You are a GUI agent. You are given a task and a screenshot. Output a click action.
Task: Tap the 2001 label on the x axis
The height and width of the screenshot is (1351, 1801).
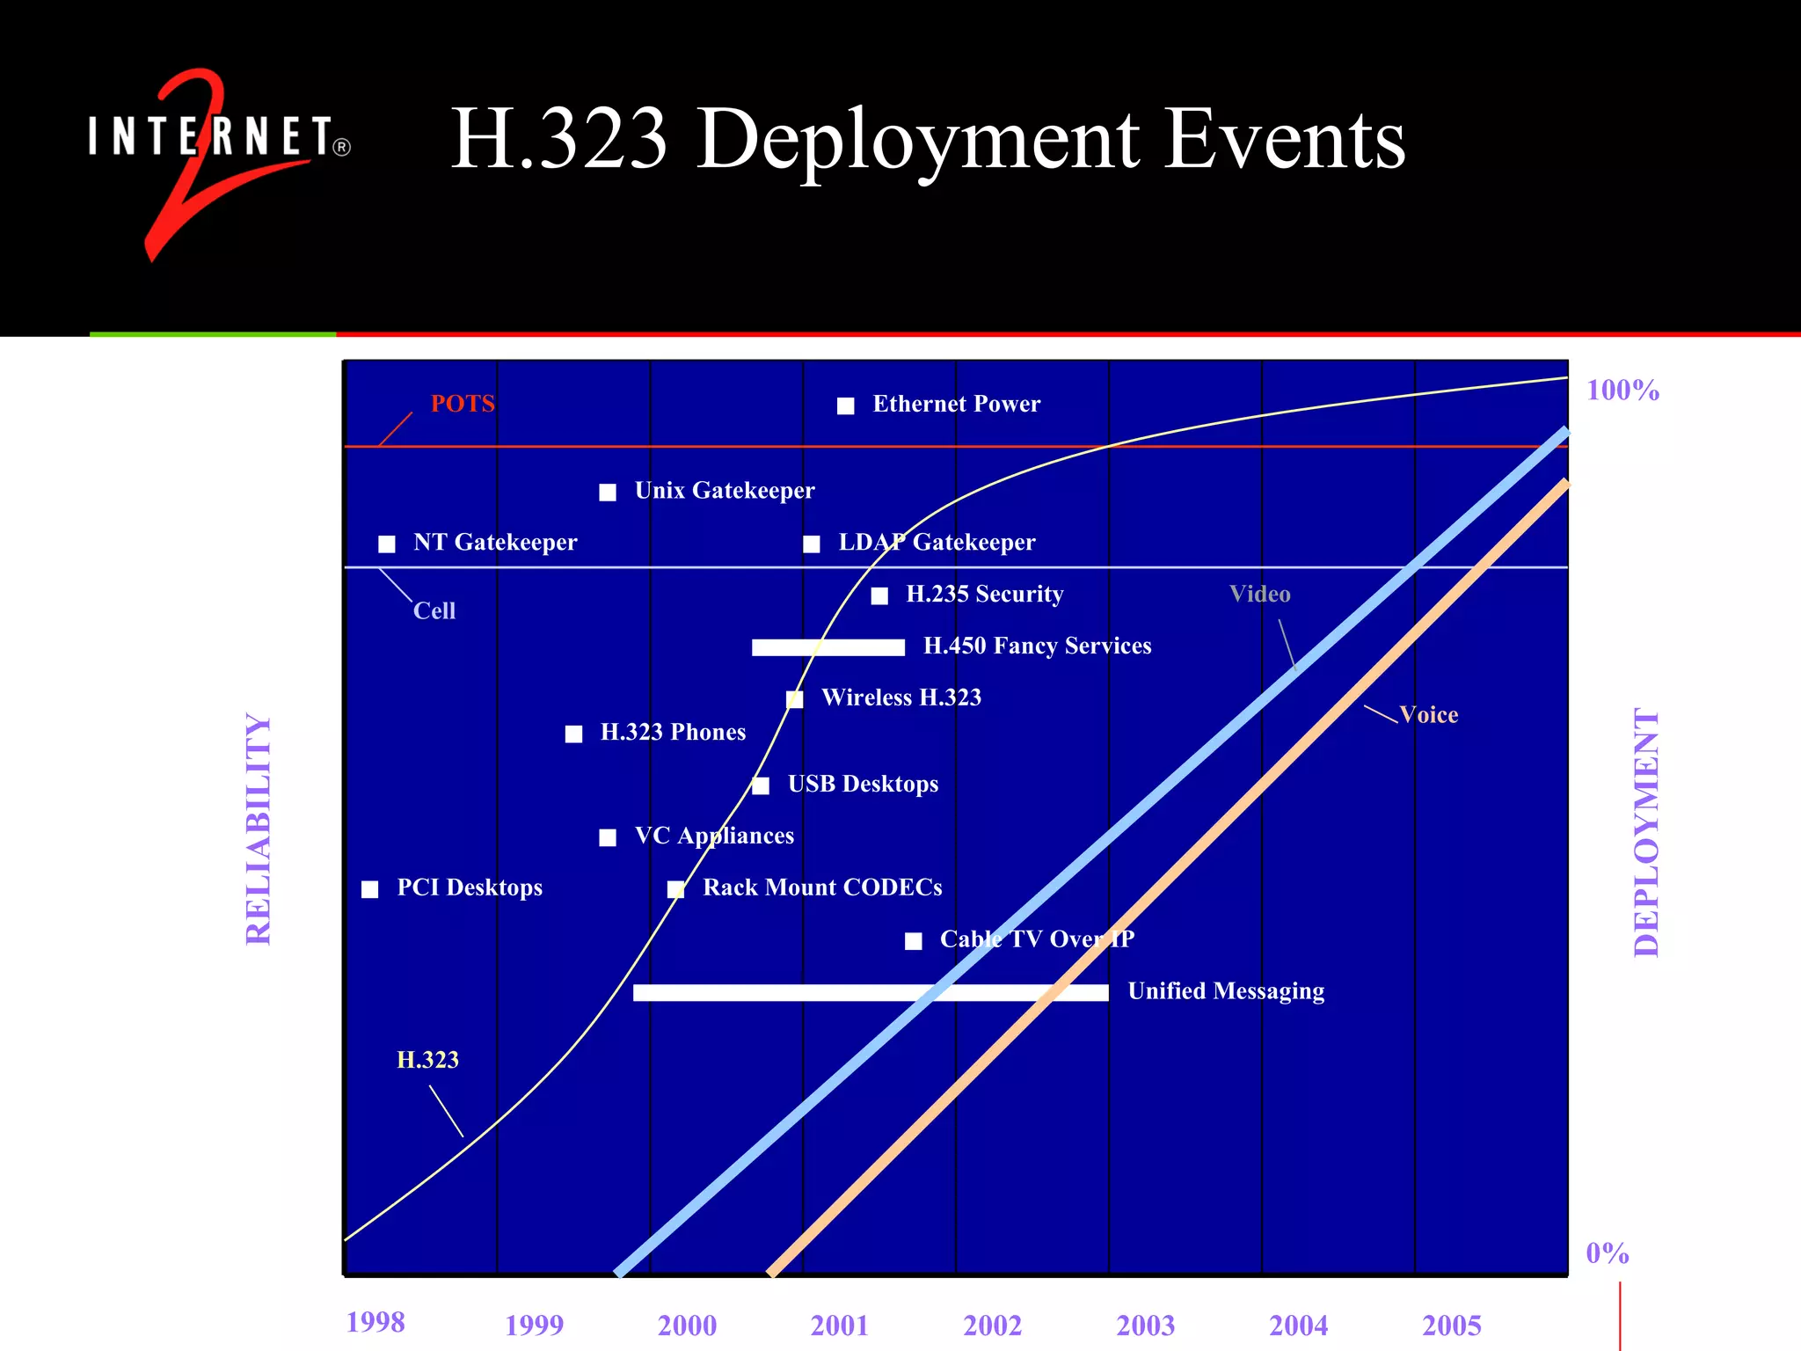[x=839, y=1325]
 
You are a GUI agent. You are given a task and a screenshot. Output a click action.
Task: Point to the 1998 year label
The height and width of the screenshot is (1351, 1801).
[x=376, y=1322]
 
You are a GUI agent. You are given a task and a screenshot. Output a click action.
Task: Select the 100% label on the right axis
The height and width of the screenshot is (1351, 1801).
[x=1622, y=390]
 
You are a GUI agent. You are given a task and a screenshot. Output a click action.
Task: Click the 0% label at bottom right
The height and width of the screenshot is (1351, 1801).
[x=1607, y=1253]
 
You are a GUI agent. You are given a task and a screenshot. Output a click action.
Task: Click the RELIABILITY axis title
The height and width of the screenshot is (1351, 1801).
[x=259, y=829]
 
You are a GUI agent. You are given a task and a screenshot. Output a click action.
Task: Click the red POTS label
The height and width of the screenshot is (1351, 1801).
[x=463, y=404]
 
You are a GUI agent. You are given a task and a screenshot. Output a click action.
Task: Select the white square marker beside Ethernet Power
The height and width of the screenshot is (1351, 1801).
[x=846, y=405]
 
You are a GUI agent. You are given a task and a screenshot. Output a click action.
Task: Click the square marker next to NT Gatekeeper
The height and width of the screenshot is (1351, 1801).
[x=387, y=544]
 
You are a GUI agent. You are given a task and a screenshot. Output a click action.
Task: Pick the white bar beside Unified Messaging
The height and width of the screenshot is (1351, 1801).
[x=870, y=992]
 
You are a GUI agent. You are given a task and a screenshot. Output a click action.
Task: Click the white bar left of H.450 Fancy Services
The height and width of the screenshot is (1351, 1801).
[x=828, y=647]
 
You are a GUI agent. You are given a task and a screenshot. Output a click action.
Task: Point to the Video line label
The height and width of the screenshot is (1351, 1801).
[x=1259, y=595]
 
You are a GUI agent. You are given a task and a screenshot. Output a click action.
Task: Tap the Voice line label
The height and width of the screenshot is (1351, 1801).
[x=1428, y=715]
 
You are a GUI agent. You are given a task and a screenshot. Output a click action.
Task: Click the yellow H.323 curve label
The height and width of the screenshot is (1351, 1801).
[x=427, y=1060]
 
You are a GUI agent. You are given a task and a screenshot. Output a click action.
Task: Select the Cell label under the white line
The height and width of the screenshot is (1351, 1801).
[x=434, y=611]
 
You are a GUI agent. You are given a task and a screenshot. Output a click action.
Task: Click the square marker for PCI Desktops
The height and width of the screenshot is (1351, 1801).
[x=370, y=889]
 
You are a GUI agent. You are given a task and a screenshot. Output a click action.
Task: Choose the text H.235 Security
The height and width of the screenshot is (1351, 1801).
[x=984, y=595]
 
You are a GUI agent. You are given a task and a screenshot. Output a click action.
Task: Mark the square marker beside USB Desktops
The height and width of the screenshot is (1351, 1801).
[x=762, y=785]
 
